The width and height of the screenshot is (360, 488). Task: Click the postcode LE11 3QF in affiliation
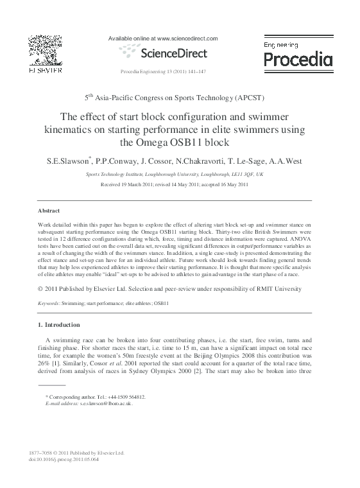238,174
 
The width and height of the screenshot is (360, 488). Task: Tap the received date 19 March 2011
142,184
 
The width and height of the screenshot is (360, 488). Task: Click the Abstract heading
49,211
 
